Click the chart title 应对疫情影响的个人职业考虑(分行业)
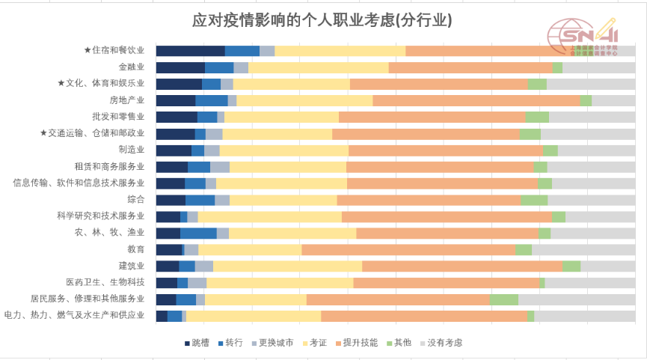tap(322, 20)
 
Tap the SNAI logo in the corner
tap(583, 37)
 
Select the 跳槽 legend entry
tap(197, 343)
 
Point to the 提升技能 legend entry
tap(356, 343)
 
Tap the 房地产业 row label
tap(127, 100)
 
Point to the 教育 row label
tap(136, 249)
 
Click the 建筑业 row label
tap(132, 266)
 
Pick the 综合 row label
tap(136, 200)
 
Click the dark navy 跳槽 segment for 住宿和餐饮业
tap(190, 51)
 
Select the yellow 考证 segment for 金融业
tap(319, 67)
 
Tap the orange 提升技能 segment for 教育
tap(408, 249)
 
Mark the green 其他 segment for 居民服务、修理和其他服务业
tap(504, 299)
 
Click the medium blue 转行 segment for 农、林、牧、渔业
tap(198, 233)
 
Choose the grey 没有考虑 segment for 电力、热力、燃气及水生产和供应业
tap(584, 316)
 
